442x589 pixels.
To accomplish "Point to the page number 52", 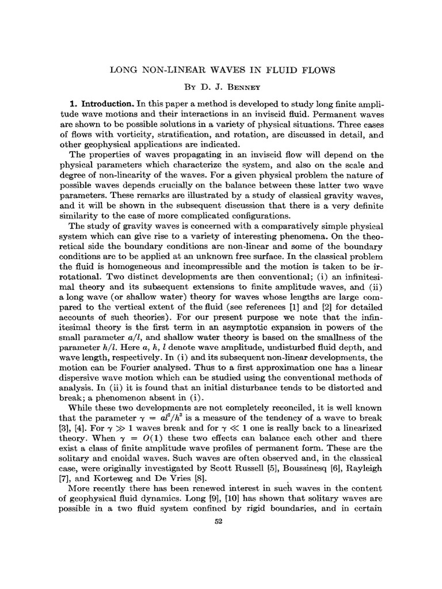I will pyautogui.click(x=218, y=522).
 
